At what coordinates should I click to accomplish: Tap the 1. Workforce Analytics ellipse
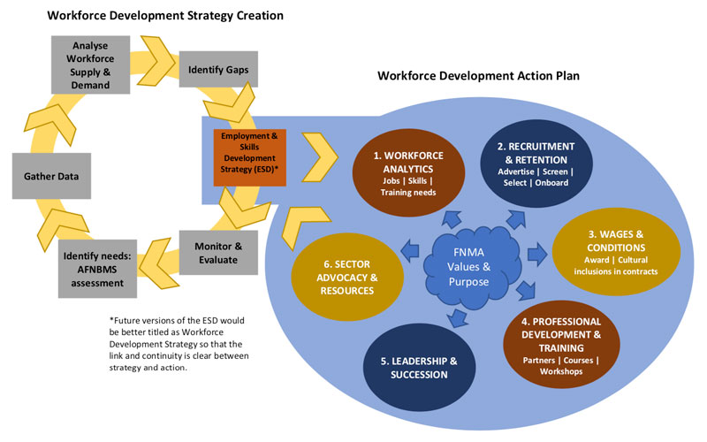[407, 172]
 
